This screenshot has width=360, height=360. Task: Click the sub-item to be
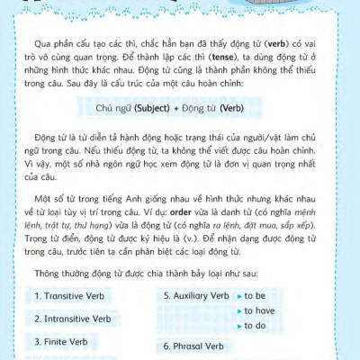click(x=258, y=295)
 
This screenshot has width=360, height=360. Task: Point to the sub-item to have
click(x=262, y=310)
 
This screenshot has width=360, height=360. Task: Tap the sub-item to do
click(x=258, y=326)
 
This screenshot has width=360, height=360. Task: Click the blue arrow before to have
click(x=238, y=310)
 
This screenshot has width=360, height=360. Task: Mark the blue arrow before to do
click(x=238, y=326)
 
